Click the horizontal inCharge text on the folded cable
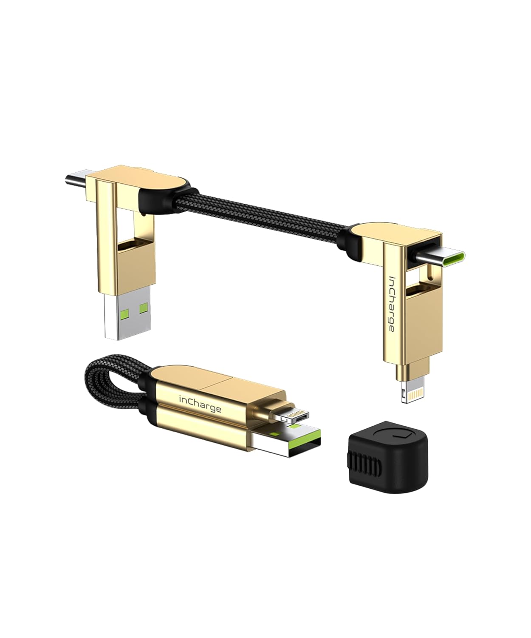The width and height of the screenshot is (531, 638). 200,404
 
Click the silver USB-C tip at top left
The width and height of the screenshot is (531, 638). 76,178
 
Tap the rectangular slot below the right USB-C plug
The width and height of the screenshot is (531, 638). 418,293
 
